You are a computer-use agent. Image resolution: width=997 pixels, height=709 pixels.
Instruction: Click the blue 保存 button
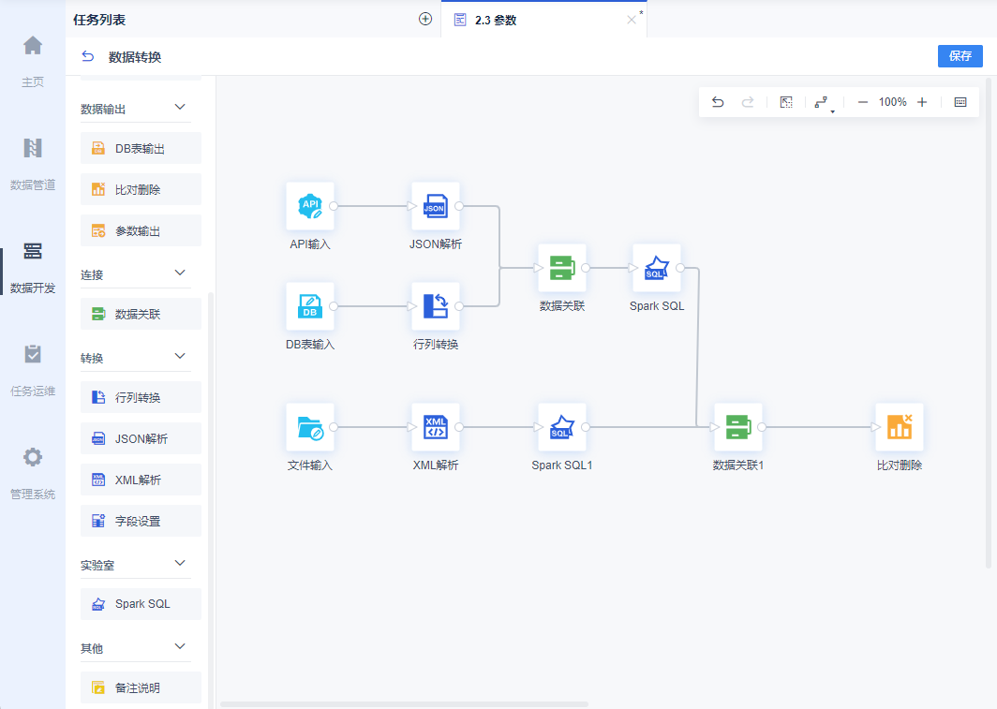click(x=960, y=56)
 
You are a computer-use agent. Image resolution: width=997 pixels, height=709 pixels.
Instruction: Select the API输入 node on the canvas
click(x=310, y=206)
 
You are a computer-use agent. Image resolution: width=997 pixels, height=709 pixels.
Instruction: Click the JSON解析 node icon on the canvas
click(x=436, y=206)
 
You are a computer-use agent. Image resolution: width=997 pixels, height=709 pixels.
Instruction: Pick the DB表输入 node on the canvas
click(x=310, y=306)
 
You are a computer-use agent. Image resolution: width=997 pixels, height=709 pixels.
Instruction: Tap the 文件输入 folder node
click(x=310, y=427)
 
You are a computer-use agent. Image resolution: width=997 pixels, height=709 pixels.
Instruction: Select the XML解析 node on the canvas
click(x=436, y=427)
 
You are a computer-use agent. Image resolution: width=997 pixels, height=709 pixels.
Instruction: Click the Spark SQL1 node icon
click(x=562, y=427)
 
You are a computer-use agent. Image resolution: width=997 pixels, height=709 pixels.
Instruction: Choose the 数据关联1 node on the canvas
click(x=738, y=427)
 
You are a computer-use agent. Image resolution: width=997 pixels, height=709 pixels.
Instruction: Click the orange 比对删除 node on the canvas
click(x=900, y=427)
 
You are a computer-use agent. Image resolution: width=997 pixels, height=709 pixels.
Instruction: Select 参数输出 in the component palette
click(x=141, y=230)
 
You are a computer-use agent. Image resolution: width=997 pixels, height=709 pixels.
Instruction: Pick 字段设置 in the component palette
click(x=141, y=521)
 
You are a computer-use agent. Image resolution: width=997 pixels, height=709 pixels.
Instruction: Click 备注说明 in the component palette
click(x=141, y=687)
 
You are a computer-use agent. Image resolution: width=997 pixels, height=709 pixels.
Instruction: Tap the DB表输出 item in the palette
click(x=141, y=148)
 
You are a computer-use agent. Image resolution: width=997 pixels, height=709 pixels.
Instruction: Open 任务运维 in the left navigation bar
click(x=33, y=370)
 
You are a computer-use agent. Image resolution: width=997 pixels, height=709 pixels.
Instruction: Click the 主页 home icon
click(x=33, y=46)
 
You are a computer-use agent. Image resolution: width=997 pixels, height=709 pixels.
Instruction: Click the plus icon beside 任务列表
click(x=425, y=19)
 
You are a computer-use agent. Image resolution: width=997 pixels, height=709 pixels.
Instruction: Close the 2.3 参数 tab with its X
click(x=632, y=20)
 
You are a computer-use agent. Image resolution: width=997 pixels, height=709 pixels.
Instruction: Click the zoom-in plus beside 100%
click(x=922, y=102)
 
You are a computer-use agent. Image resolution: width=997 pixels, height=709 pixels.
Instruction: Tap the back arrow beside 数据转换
click(x=88, y=56)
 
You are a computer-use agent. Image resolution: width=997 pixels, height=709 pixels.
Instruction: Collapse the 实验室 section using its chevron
click(x=180, y=563)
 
